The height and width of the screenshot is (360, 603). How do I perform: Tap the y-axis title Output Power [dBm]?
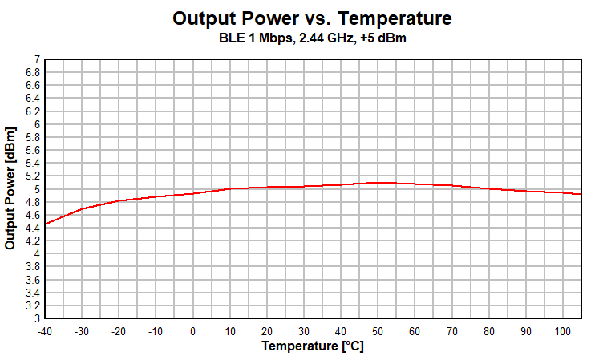(x=10, y=188)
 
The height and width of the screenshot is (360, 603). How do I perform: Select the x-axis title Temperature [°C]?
(x=312, y=346)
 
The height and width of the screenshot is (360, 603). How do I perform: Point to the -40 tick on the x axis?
(x=45, y=330)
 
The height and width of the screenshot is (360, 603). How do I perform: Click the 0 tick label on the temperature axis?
(x=193, y=330)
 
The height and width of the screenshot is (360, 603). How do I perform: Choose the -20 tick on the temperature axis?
(x=119, y=330)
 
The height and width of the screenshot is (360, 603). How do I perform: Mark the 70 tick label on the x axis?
(x=452, y=330)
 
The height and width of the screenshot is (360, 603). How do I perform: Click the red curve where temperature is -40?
(x=46, y=224)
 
